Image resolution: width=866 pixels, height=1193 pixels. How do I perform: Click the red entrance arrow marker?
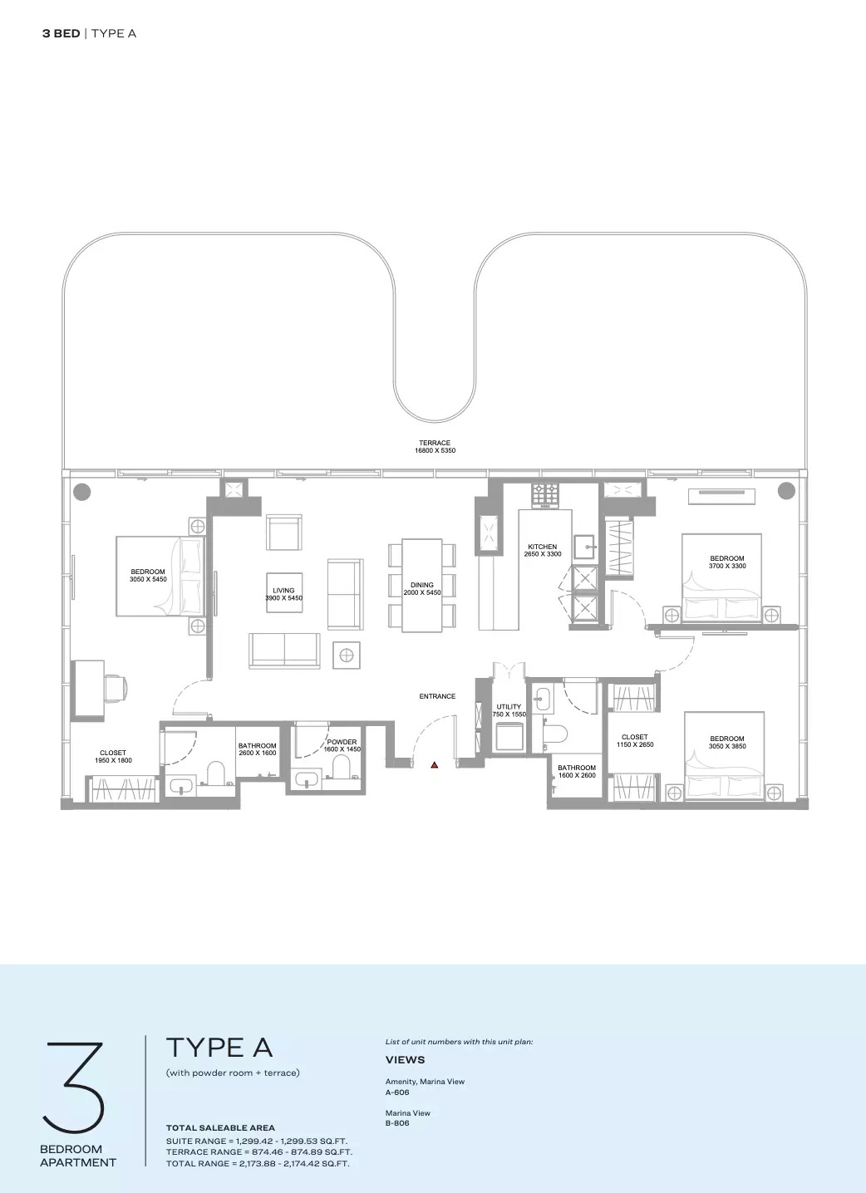pyautogui.click(x=434, y=764)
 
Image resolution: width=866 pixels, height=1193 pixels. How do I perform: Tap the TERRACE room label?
pyautogui.click(x=435, y=443)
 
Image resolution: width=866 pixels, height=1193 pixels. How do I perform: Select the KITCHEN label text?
pyautogui.click(x=542, y=547)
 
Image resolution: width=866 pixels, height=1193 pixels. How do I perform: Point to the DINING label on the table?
pyautogui.click(x=421, y=585)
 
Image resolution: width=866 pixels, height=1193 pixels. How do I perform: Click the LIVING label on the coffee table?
pyautogui.click(x=283, y=590)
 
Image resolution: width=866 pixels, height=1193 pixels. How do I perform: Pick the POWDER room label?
pyautogui.click(x=342, y=742)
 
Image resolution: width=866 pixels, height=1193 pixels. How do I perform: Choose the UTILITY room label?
pyautogui.click(x=509, y=707)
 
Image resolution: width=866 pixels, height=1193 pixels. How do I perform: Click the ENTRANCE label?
pyautogui.click(x=437, y=696)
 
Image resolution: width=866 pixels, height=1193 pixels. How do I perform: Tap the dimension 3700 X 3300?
pyautogui.click(x=727, y=566)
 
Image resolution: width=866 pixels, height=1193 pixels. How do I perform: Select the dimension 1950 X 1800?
pyautogui.click(x=113, y=760)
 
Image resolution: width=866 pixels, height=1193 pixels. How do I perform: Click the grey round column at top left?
pyautogui.click(x=81, y=491)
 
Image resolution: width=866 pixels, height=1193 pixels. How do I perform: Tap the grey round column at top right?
pyautogui.click(x=785, y=491)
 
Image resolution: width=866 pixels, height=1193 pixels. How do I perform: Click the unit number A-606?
pyautogui.click(x=397, y=1092)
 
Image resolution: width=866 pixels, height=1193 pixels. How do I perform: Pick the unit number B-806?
pyautogui.click(x=397, y=1123)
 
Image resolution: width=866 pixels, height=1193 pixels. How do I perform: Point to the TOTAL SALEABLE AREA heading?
pyautogui.click(x=220, y=1127)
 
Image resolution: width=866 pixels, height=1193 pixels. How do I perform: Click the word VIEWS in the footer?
pyautogui.click(x=405, y=1059)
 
